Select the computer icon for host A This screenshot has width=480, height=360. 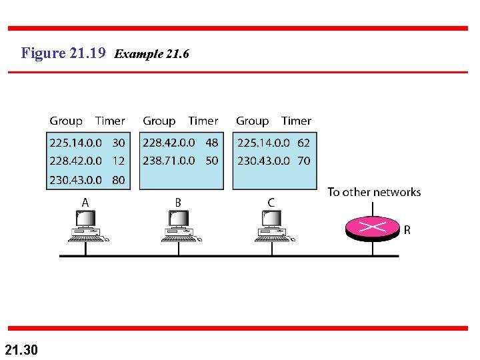(86, 225)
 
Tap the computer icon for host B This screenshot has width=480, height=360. (179, 225)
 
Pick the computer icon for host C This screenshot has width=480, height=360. (273, 225)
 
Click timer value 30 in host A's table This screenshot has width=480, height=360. (119, 143)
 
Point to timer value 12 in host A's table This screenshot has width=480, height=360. (119, 161)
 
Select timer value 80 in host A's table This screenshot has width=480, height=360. (119, 180)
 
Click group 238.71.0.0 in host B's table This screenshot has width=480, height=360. (169, 161)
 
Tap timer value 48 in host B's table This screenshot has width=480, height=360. (212, 143)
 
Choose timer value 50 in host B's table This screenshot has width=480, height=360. (212, 161)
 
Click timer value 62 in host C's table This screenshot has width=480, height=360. (303, 143)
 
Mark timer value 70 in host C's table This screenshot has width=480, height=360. (303, 161)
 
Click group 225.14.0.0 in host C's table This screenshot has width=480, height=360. (263, 143)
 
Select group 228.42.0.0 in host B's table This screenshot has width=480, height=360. (169, 143)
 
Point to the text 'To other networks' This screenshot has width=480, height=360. (374, 193)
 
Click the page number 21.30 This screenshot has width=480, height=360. (21, 349)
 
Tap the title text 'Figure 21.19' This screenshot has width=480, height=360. (63, 53)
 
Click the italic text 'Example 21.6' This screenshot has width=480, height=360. (152, 54)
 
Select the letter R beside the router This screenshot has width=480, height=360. (407, 231)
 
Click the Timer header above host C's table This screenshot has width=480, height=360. (296, 121)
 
